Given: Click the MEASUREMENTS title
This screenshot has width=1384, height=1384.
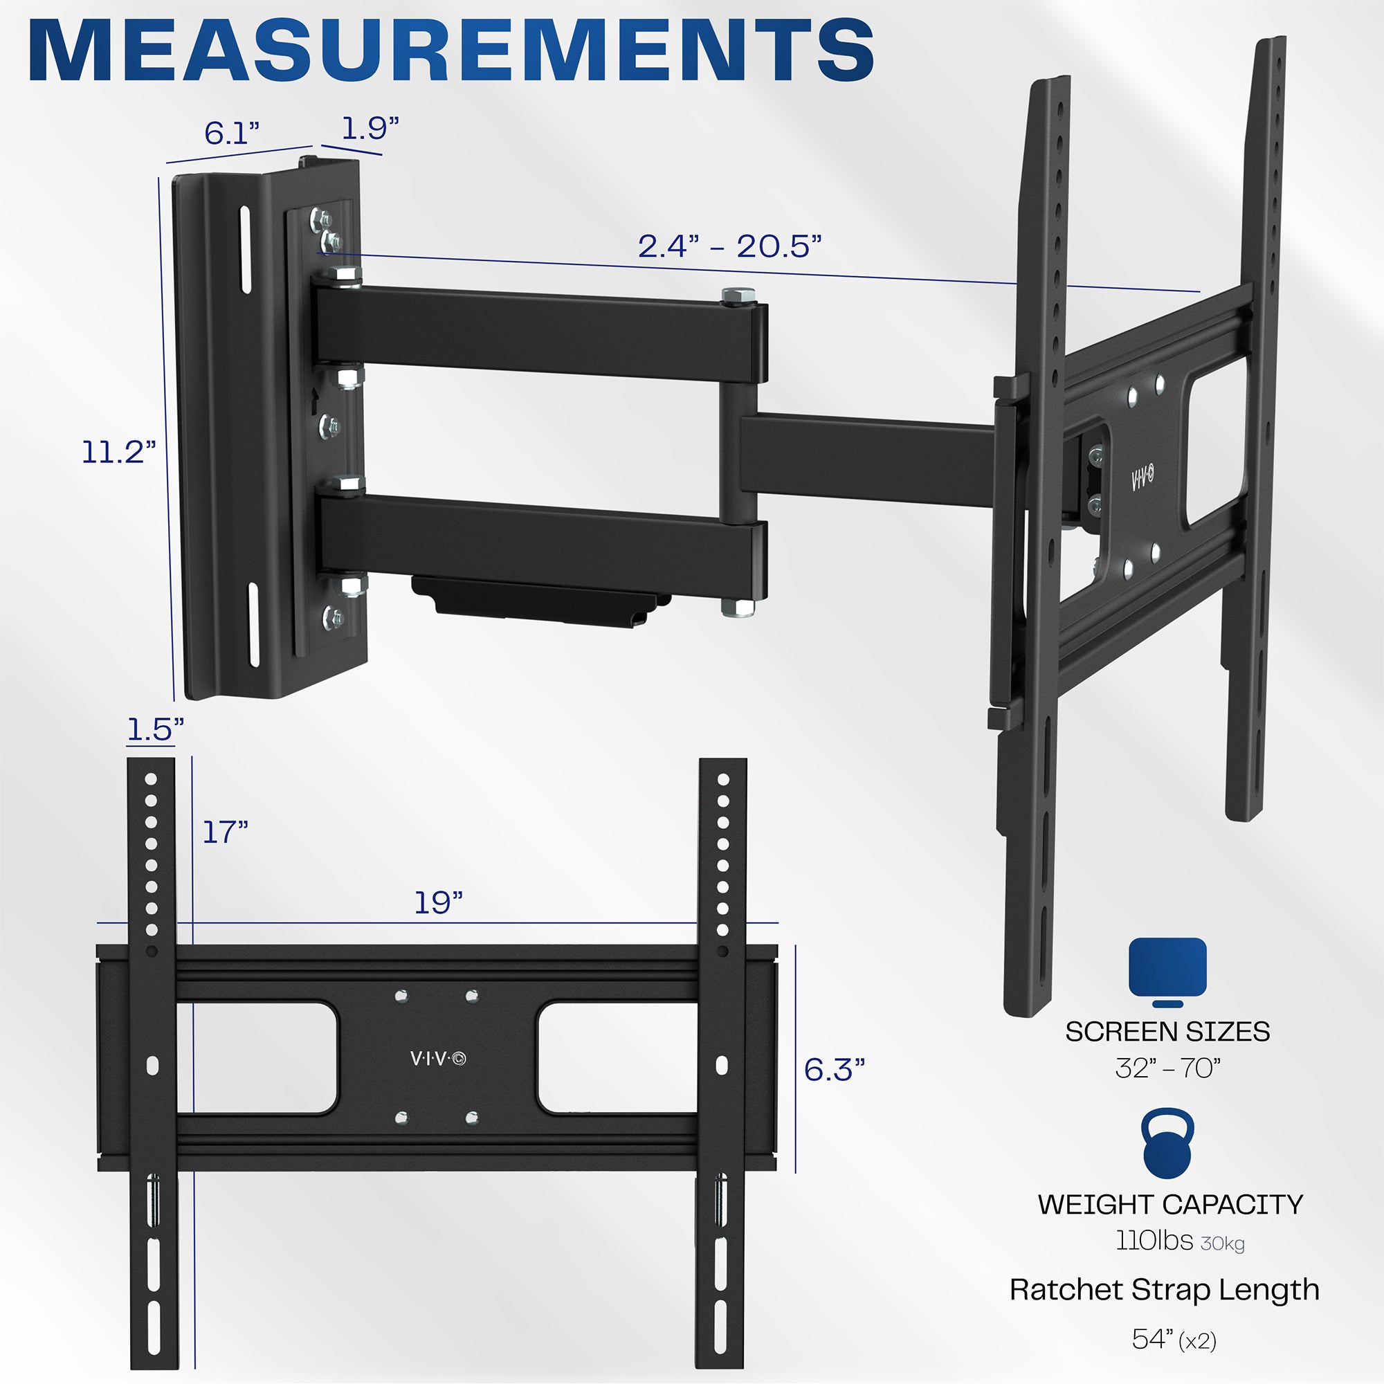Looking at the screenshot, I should tap(451, 52).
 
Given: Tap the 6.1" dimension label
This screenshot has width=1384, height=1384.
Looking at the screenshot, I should tap(231, 133).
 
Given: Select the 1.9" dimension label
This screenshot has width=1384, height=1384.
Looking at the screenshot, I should tap(370, 128).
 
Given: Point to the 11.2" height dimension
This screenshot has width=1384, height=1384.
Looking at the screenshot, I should tap(118, 452).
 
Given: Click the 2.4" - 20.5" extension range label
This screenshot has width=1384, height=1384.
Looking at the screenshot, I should tap(729, 246).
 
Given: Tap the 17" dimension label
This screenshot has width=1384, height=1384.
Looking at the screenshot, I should tap(225, 832).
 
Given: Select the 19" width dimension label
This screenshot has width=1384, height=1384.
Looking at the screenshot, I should tap(439, 902).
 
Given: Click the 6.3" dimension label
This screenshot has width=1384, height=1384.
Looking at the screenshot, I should tap(834, 1071).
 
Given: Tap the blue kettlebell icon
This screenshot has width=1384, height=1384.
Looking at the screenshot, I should tap(1167, 1143).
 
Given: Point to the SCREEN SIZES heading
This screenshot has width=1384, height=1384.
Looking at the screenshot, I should tap(1167, 1032).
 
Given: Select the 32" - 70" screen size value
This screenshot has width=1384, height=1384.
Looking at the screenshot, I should tap(1167, 1068).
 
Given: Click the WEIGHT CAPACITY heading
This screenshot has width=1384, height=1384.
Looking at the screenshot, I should tap(1169, 1204).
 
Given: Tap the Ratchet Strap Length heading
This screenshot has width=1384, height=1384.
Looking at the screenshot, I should tap(1164, 1289).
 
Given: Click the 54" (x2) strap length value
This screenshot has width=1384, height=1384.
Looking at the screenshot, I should tap(1174, 1339).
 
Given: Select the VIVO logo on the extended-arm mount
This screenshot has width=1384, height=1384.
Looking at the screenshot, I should tap(1142, 477).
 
